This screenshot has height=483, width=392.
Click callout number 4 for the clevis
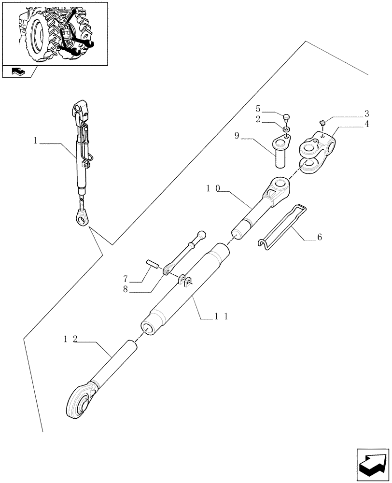(x=367, y=124)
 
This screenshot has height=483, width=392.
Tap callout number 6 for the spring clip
(x=320, y=237)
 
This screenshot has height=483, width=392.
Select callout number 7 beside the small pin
(x=125, y=279)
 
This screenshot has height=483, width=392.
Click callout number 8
(x=125, y=290)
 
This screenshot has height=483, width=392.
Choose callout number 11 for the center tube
(x=221, y=316)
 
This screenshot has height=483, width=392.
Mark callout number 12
(x=70, y=340)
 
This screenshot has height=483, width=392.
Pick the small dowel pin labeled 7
(x=154, y=266)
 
